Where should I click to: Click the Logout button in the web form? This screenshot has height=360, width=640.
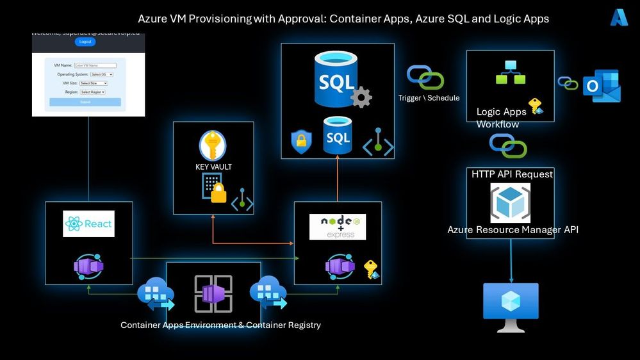85,42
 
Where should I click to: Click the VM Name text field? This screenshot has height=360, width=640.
95,65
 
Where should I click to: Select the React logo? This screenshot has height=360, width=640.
88,224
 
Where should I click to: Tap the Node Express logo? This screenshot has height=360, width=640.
338,227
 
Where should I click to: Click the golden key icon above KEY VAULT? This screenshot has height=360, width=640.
213,145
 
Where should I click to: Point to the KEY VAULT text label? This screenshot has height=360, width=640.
213,167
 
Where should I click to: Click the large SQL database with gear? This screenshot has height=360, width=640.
337,80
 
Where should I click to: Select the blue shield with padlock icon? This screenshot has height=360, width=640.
300,142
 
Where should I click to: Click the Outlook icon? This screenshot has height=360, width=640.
602,86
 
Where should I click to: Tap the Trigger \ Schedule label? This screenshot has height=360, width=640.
429,98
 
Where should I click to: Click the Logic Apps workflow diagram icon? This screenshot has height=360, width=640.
511,72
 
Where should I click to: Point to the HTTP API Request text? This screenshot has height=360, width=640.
512,174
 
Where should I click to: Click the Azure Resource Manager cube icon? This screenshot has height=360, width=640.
511,202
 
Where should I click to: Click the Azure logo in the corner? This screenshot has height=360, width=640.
619,18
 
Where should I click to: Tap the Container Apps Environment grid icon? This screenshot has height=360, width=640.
213,294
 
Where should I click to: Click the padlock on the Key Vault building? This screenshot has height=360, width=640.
218,193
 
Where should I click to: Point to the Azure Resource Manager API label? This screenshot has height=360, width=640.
513,229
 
